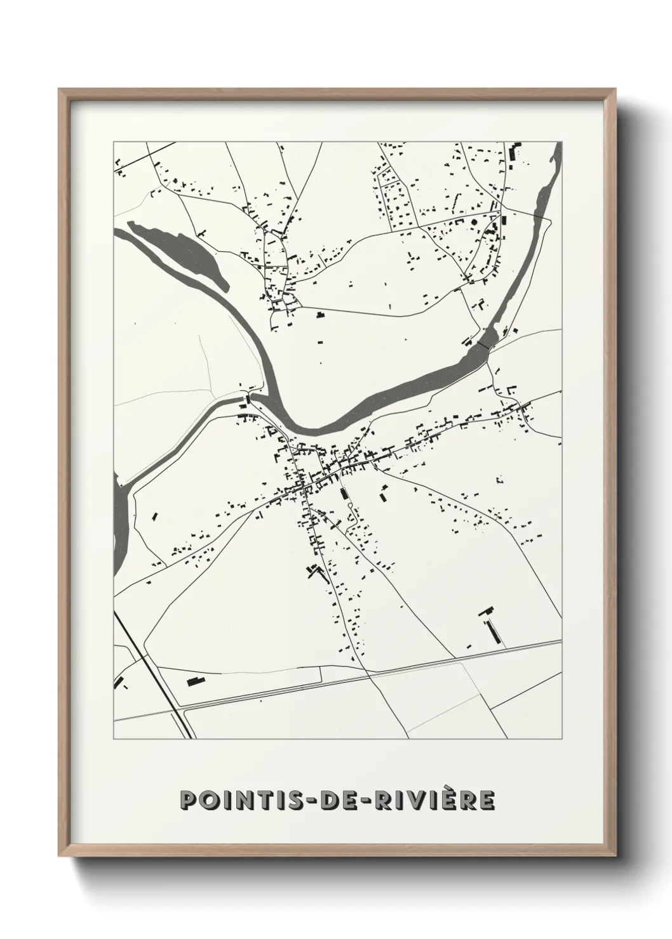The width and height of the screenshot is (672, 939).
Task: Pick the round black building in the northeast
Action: click(x=473, y=221)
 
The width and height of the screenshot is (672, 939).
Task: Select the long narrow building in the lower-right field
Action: click(x=492, y=631)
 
